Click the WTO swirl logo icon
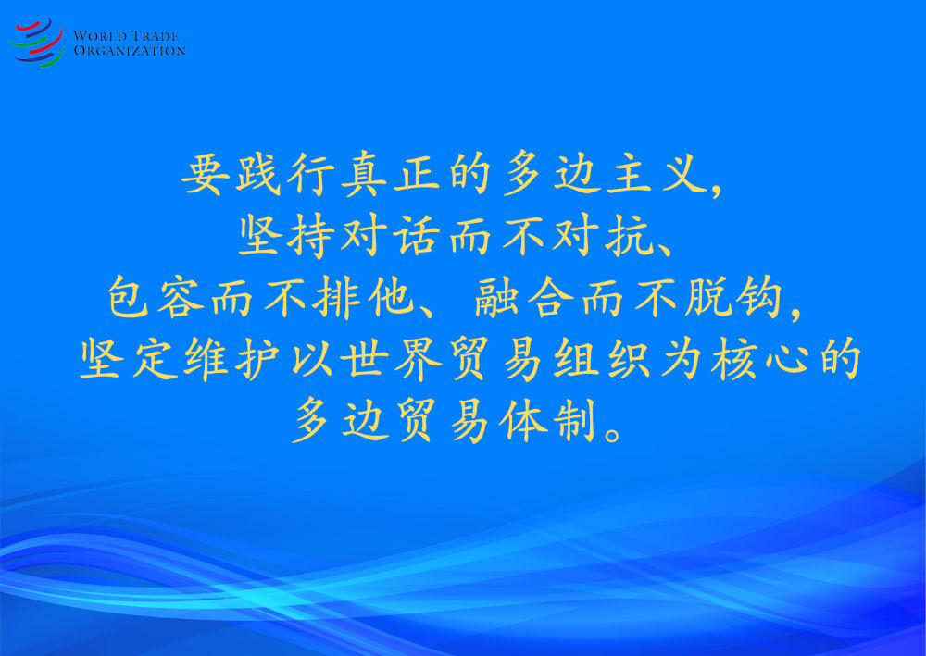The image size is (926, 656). click(x=37, y=43)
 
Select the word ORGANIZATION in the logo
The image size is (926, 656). click(x=130, y=51)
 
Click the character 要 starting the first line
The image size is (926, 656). click(x=205, y=175)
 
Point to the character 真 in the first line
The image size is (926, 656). click(x=364, y=175)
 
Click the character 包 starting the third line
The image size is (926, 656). click(x=129, y=297)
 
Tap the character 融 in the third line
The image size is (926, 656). click(x=496, y=297)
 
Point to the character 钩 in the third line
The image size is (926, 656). click(x=759, y=297)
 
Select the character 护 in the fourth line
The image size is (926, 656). click(x=257, y=359)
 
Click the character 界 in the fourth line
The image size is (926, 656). click(x=418, y=359)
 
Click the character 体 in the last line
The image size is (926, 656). click(x=522, y=420)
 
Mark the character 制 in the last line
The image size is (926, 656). click(x=574, y=420)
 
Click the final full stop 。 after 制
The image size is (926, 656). click(x=613, y=434)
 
